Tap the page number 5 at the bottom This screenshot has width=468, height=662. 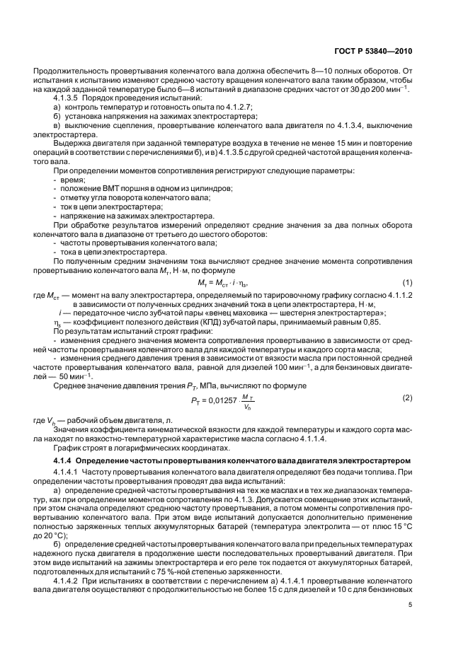tap(410, 605)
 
